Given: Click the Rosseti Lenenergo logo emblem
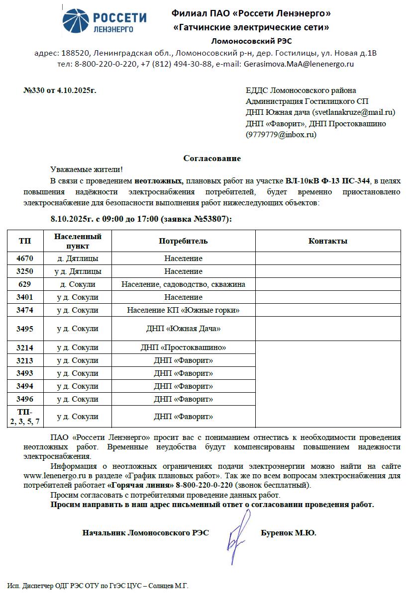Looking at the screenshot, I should (76, 21).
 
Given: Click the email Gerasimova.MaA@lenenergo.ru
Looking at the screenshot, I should (298, 64).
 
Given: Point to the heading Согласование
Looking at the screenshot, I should (212, 159).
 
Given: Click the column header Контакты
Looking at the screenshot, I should (327, 241).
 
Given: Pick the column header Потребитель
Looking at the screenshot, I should (183, 241).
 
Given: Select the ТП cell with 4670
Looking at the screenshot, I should (24, 259).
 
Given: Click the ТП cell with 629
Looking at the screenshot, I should (24, 284).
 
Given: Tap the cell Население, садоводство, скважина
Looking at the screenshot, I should (183, 284).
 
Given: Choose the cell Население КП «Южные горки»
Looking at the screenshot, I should (183, 310).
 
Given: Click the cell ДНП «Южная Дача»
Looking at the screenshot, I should (183, 329).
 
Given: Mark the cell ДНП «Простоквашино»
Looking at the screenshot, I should (183, 347).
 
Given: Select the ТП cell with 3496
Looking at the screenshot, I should (24, 399).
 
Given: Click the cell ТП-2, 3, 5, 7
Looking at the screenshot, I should (24, 417).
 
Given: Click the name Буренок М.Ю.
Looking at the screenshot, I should (288, 533).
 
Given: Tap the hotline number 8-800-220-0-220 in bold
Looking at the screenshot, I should (204, 485).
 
